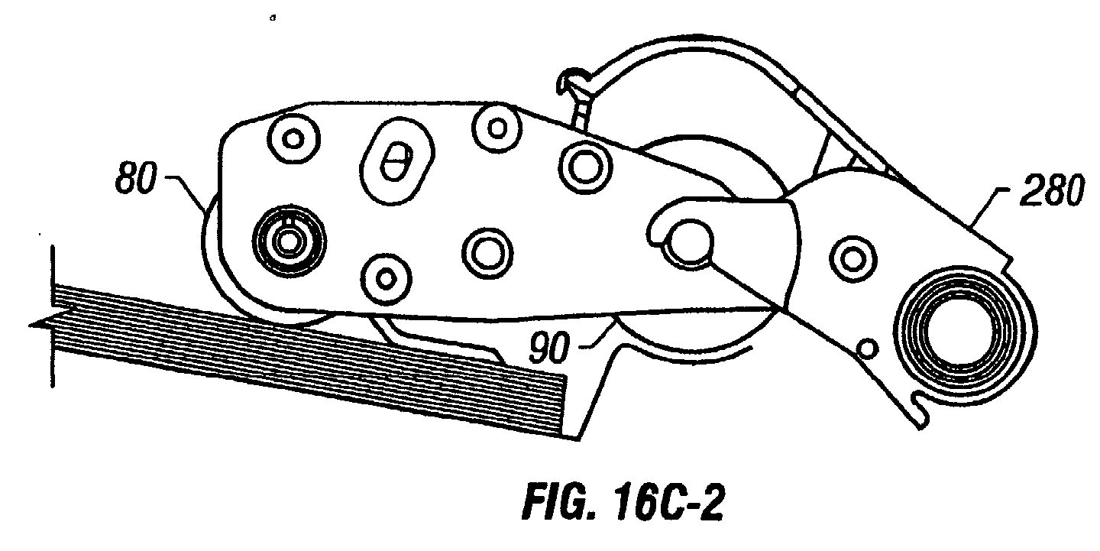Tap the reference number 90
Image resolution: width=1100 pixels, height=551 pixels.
point(549,347)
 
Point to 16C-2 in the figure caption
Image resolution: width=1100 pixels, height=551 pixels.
point(668,502)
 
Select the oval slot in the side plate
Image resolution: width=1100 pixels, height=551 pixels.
point(397,161)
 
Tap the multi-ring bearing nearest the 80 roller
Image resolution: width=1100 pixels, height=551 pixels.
point(290,241)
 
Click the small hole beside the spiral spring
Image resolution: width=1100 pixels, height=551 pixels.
point(868,349)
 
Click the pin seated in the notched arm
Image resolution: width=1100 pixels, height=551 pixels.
point(687,244)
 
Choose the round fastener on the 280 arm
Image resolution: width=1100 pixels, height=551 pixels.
point(853,259)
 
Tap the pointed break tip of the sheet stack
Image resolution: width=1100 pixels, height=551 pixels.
point(31,324)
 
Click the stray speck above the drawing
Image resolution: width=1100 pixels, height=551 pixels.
point(273,18)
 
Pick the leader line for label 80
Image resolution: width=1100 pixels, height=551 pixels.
point(186,193)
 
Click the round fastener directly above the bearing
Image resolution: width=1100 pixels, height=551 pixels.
point(293,139)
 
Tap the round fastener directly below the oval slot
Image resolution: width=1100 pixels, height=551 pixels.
point(386,278)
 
